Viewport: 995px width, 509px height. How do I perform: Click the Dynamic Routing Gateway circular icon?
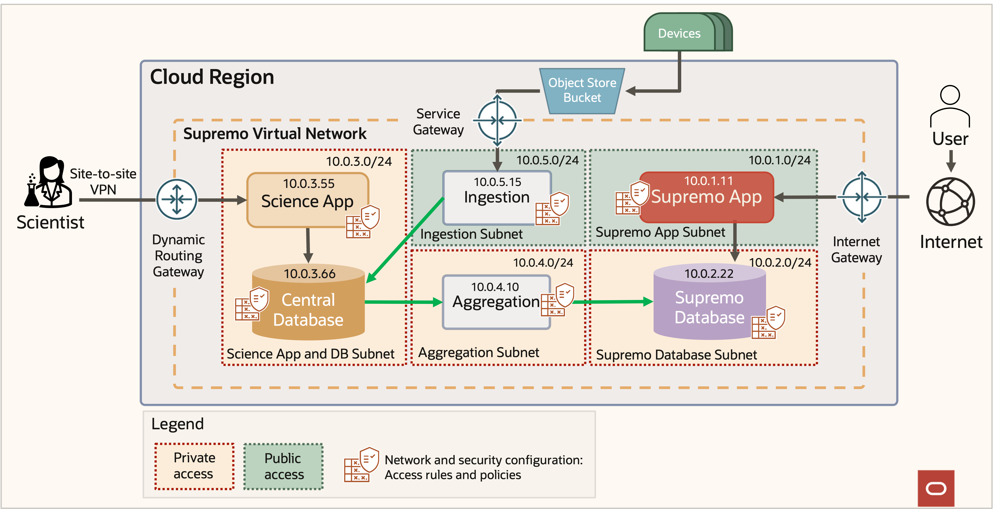pyautogui.click(x=177, y=199)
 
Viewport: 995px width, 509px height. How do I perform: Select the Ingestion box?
pyautogui.click(x=497, y=197)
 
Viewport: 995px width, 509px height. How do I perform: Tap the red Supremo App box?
pyautogui.click(x=706, y=197)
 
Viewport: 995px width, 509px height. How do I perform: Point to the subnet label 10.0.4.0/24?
pyautogui.click(x=543, y=263)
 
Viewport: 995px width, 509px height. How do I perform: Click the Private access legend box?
pyautogui.click(x=194, y=466)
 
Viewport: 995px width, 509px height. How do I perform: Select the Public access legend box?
pyautogui.click(x=283, y=466)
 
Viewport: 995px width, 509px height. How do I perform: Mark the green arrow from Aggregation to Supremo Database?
pyautogui.click(x=612, y=302)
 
